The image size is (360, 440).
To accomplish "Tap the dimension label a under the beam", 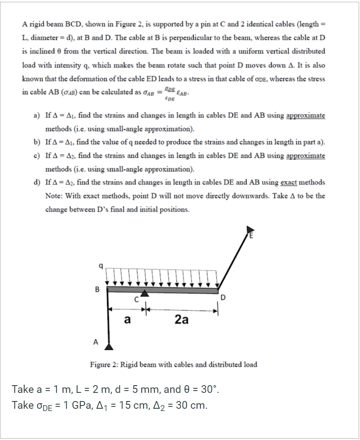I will pos(127,319).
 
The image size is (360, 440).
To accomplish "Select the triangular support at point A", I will pos(109,346).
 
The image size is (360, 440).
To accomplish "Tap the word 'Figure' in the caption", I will pos(101,364).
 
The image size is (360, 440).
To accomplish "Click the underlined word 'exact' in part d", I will pos(289,182).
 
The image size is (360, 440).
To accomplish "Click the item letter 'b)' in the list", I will pos(38,142).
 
